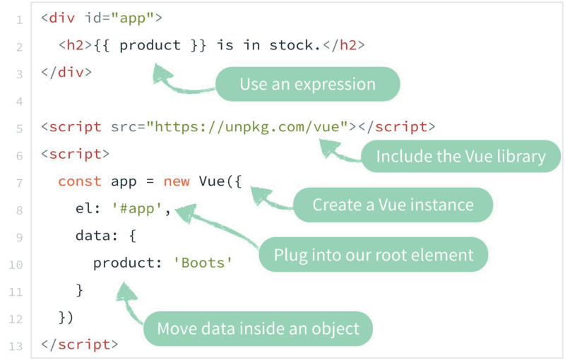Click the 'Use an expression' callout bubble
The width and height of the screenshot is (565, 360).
click(307, 85)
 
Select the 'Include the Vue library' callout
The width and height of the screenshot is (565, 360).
click(460, 157)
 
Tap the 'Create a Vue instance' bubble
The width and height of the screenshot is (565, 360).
click(393, 205)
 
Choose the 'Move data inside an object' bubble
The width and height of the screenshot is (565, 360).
click(258, 328)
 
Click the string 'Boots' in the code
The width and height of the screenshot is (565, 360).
click(203, 263)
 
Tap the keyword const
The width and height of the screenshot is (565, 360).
click(80, 181)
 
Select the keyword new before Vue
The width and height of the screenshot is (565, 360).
click(177, 181)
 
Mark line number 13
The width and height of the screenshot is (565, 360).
click(16, 346)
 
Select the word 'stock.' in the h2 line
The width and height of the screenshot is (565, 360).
click(295, 45)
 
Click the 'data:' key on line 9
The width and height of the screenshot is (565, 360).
click(93, 236)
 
